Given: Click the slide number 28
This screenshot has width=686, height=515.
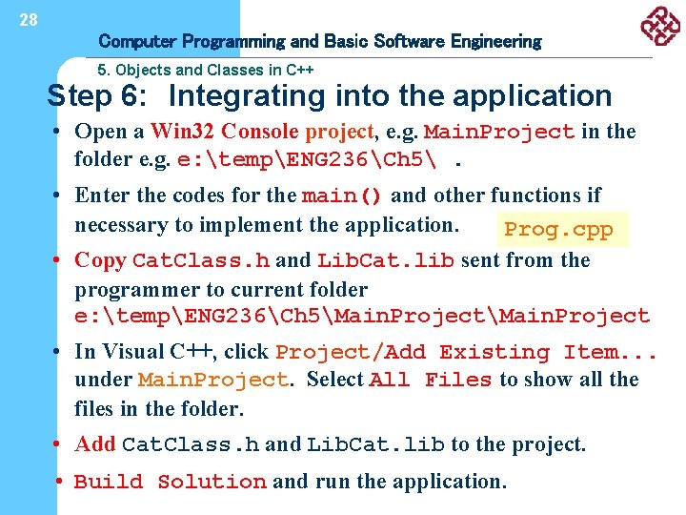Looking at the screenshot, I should (29, 19).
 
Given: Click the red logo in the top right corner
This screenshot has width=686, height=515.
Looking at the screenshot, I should (657, 26).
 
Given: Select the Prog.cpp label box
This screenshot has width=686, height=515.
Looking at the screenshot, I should (558, 230).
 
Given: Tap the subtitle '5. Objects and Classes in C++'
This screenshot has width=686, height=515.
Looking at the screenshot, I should (206, 70).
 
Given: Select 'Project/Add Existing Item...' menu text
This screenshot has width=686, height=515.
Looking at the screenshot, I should (466, 352).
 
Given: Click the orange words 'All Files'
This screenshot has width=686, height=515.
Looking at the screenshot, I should (430, 380).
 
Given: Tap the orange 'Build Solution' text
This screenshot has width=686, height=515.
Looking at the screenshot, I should (171, 482).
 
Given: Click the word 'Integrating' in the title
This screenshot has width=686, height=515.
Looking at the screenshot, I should (249, 95).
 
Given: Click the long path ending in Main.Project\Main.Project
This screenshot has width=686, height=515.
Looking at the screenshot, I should (362, 317).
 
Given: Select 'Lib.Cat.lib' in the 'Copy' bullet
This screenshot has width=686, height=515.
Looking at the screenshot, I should (385, 260).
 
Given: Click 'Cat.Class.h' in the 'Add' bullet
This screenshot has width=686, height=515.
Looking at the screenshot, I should (191, 444).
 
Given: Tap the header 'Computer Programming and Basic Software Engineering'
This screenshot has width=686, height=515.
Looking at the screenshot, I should (319, 41).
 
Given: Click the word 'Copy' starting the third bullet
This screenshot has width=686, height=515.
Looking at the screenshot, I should (100, 259).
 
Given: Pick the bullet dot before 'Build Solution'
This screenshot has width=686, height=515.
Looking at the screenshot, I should (60, 482).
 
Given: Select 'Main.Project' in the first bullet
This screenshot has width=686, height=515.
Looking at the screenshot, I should (498, 132).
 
